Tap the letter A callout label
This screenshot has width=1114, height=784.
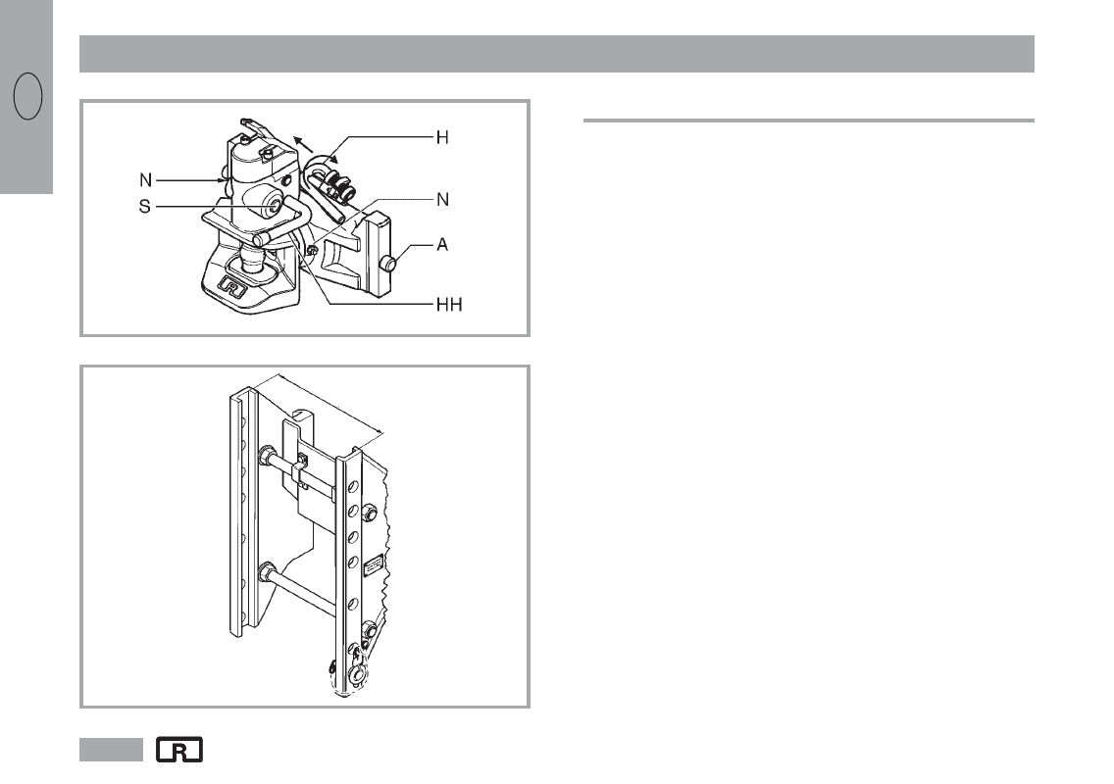point(442,245)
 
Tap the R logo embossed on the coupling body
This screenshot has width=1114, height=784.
point(232,290)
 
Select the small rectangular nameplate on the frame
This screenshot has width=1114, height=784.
point(372,568)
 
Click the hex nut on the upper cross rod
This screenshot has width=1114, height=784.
point(266,456)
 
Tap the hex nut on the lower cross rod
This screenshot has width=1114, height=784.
point(266,573)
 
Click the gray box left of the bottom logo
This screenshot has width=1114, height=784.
point(111,751)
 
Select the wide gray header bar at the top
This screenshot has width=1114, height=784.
point(556,54)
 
